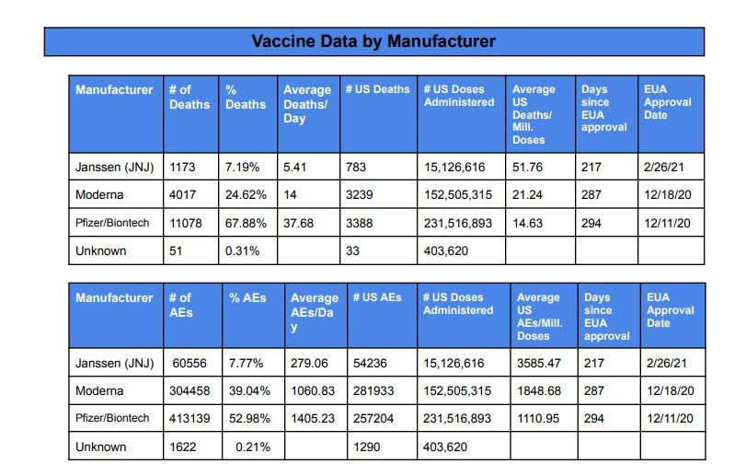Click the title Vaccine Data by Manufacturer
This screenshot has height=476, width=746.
(373, 41)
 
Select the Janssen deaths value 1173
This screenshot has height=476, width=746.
(182, 167)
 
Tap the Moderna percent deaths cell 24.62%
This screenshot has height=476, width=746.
(246, 194)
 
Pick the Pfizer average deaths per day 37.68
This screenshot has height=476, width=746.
(298, 223)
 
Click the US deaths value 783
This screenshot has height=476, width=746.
(356, 167)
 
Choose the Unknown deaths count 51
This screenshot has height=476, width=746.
(176, 250)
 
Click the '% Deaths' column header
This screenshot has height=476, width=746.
(246, 97)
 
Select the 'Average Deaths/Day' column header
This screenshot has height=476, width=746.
(307, 104)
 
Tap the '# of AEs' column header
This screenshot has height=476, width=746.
(181, 305)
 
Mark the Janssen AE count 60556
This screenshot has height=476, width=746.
(189, 363)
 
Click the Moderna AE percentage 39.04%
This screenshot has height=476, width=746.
(249, 390)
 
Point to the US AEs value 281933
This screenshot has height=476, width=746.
(373, 390)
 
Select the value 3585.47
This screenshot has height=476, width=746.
(538, 363)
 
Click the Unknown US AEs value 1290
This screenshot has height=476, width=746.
(366, 447)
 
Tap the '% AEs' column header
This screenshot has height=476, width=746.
(247, 298)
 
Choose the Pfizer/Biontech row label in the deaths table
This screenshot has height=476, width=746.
(112, 223)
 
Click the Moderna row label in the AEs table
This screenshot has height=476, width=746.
(99, 390)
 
